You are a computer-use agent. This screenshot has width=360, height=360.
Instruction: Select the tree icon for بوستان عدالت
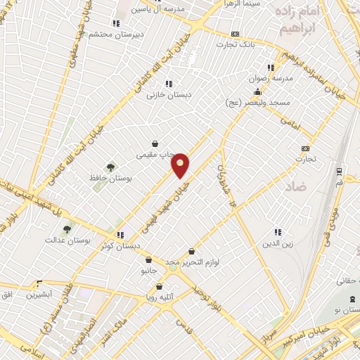67,229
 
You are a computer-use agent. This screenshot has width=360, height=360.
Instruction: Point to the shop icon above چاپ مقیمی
155,143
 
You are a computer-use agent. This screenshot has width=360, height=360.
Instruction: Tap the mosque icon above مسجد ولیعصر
258,91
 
